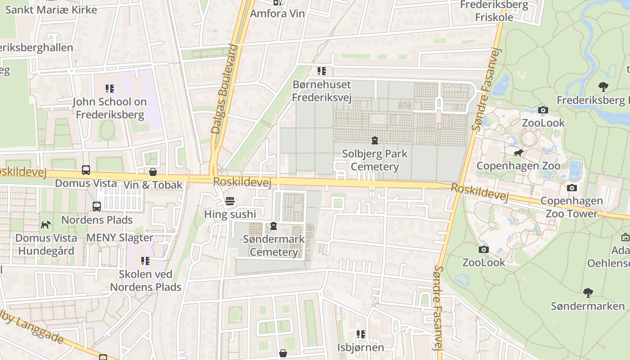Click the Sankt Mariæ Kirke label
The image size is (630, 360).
coord(51,9)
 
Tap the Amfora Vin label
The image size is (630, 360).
coord(277,13)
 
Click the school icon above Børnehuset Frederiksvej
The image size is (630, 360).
coord(322,71)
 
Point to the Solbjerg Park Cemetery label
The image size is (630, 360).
coord(374,160)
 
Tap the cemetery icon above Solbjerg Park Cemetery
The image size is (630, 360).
coord(374,140)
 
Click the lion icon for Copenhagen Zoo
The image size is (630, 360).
coord(518,153)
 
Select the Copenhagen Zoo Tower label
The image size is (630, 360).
coord(571,207)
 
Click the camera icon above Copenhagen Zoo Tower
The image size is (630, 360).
coord(572,188)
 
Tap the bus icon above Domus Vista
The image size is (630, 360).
coord(86,170)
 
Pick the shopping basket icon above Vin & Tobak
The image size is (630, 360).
coord(153,172)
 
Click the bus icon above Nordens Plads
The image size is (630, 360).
coord(97,207)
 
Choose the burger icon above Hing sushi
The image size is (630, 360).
coord(230,201)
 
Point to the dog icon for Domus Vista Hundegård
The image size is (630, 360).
coord(46,225)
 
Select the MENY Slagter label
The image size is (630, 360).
coord(120,238)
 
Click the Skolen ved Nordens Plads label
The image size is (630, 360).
coord(145,280)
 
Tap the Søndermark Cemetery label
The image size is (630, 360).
coord(274,245)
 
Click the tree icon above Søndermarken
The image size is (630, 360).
coord(588,293)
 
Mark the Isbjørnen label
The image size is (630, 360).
coord(360,347)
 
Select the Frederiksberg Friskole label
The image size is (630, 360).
coord(494,11)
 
